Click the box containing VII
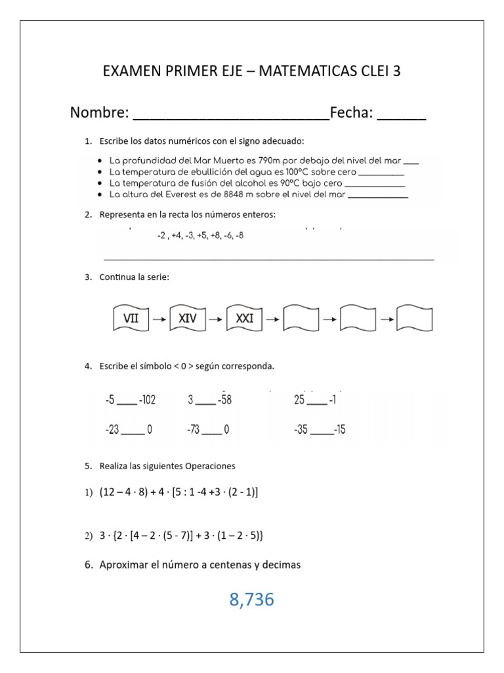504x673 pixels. pos(131,319)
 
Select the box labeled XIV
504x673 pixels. pos(188,319)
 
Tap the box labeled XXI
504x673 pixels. pos(245,319)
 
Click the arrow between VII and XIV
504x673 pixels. pos(159,319)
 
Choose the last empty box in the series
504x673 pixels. pos(415,319)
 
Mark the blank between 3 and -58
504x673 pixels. pos(205,402)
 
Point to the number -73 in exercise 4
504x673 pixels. pos(194,430)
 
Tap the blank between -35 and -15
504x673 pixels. pos(322,432)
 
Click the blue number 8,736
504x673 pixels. pos(251,599)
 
